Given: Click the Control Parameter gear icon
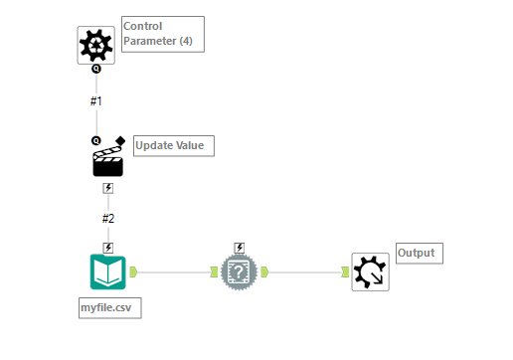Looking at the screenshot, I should (96, 46).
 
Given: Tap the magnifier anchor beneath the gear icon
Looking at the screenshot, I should (96, 70).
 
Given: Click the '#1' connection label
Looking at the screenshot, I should (96, 101).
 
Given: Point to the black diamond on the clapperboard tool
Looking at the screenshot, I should (120, 140).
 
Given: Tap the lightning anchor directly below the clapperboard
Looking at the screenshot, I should (108, 188).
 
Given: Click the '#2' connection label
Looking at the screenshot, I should (108, 219).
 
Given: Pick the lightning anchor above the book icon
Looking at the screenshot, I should (108, 248).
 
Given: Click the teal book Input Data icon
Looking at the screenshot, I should (107, 271).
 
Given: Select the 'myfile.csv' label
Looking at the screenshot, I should (109, 308).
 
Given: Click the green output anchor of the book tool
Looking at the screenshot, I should (133, 270).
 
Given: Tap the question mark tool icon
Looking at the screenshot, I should (240, 271).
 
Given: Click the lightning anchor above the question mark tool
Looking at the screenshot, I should (240, 248).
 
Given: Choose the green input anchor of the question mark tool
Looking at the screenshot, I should (214, 270).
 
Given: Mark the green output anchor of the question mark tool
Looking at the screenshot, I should (265, 270).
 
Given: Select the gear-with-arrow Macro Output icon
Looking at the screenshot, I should (371, 271).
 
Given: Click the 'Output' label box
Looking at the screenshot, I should (419, 253).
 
